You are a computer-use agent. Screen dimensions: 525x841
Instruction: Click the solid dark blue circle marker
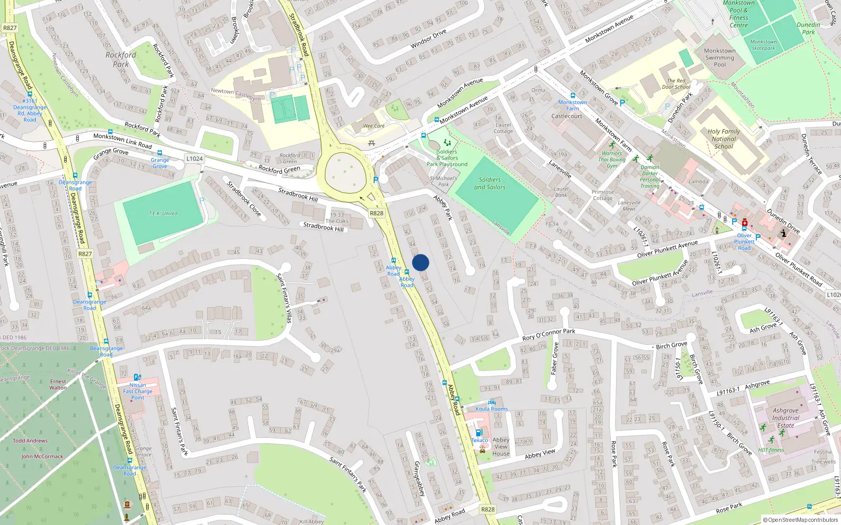coord(420,262)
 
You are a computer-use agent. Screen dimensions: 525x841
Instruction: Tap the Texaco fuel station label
coord(479,440)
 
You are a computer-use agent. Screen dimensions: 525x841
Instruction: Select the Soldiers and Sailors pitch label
coord(490,183)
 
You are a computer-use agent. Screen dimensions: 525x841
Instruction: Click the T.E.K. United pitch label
coord(163,214)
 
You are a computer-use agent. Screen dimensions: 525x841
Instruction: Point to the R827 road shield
coord(85,254)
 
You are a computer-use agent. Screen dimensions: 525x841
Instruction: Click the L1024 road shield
coord(194,159)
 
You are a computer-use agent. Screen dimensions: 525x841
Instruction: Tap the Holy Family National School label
coord(724,139)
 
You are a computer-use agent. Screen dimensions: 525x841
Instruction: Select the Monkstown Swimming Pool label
coord(720,58)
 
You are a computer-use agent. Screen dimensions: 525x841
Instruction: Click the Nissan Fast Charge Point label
coord(138,391)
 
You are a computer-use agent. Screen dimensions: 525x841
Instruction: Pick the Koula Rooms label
coord(491,409)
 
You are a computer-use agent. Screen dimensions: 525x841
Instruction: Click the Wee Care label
coord(374,126)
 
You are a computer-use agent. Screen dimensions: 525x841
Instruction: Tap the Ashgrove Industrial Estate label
coord(786,418)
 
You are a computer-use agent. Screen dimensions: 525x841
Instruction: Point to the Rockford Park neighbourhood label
coord(121,59)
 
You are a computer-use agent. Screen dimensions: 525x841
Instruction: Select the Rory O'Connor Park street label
coord(549,334)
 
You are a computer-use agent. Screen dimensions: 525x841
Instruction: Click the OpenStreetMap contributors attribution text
coord(801,520)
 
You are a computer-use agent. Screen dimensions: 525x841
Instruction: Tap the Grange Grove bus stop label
coord(160,163)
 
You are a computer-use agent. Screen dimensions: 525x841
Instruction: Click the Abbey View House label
coord(501,447)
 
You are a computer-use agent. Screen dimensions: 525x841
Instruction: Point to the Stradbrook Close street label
coord(244,198)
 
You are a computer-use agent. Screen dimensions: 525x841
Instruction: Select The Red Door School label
coord(676,84)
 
